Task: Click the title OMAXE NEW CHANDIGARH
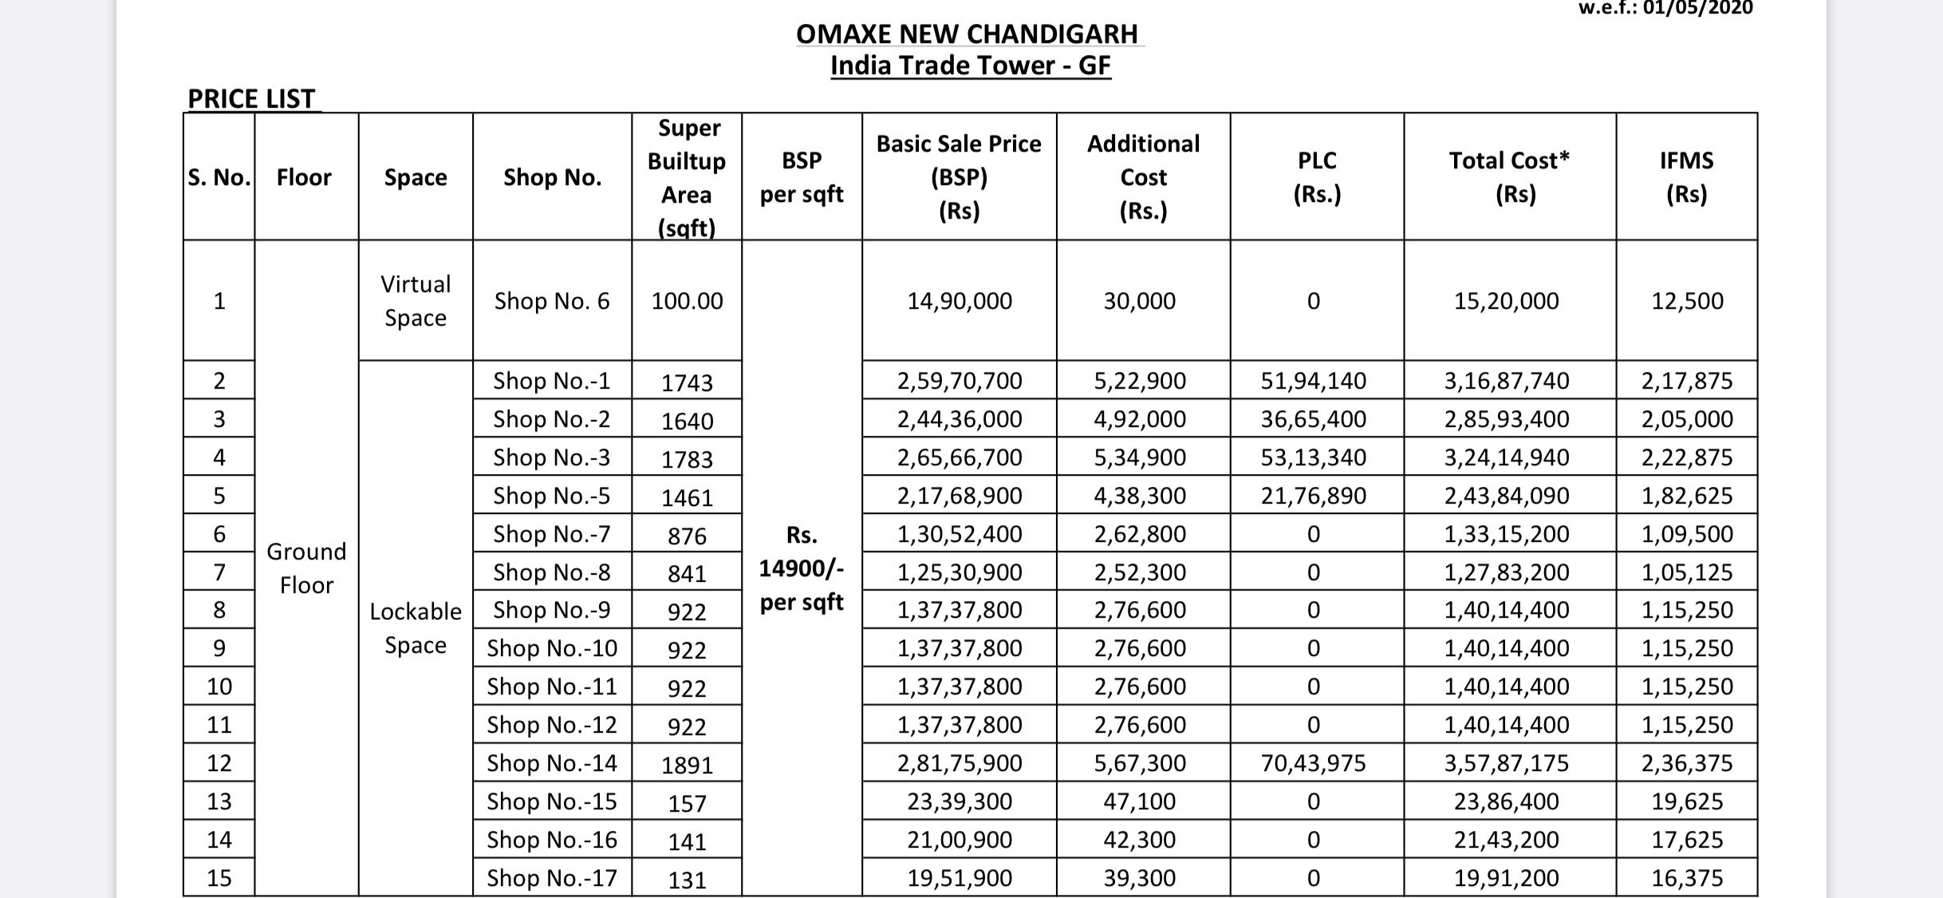coord(968,34)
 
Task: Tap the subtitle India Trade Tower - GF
coord(970,65)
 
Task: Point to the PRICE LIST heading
coord(251,99)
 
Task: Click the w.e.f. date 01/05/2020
coord(1665,8)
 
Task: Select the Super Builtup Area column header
coord(687,177)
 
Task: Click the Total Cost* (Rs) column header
coord(1509,177)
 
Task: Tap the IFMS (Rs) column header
coord(1686,177)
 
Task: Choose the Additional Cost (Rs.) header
coord(1143,177)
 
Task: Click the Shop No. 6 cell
coord(551,301)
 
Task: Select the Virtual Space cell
coord(416,301)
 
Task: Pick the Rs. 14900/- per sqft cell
coord(801,568)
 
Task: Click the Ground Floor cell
coord(306,568)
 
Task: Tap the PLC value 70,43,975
coord(1313,763)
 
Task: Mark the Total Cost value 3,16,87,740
coord(1507,381)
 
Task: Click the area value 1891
coord(687,765)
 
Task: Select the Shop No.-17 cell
coord(552,878)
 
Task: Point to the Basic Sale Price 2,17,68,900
coord(960,496)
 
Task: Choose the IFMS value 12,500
coord(1687,301)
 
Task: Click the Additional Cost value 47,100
coord(1139,801)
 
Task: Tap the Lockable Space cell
coord(416,628)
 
